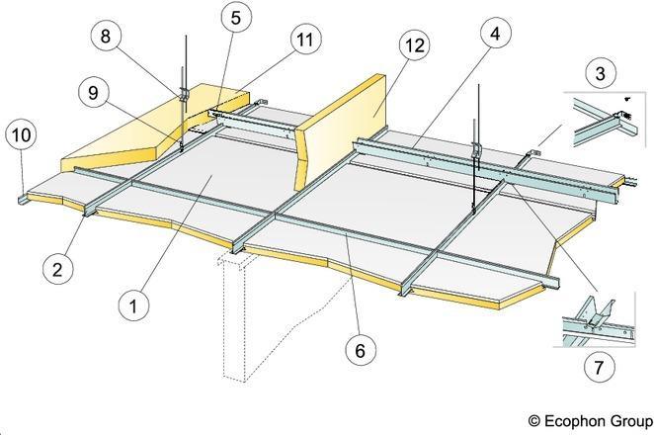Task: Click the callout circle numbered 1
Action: click(133, 306)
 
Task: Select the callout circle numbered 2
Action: click(57, 269)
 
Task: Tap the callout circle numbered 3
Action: click(601, 73)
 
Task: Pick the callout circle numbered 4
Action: click(496, 33)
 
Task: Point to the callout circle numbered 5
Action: click(236, 18)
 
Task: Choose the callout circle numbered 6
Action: click(361, 350)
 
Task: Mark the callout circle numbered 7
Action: click(599, 368)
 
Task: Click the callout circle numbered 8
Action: click(106, 36)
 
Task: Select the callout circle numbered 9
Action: click(94, 93)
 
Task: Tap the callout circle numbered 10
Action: click(22, 135)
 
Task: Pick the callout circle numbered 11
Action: click(305, 40)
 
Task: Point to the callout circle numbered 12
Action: click(414, 45)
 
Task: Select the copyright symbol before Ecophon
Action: click(533, 420)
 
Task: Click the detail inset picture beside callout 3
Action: click(605, 120)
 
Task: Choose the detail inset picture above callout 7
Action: click(595, 319)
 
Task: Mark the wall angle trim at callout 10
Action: click(23, 199)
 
